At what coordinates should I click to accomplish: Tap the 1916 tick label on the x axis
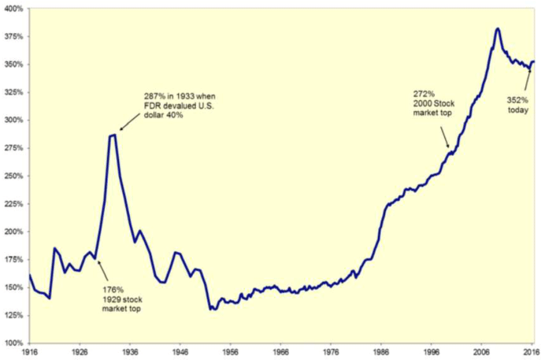pos(29,352)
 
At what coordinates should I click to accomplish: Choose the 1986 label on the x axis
pos(382,352)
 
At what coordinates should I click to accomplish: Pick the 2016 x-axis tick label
pos(532,352)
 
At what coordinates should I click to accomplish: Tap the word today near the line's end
pos(516,109)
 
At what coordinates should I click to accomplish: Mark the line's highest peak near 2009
pos(498,29)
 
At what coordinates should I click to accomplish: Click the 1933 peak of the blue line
pos(113,135)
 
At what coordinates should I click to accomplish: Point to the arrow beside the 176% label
pos(102,264)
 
